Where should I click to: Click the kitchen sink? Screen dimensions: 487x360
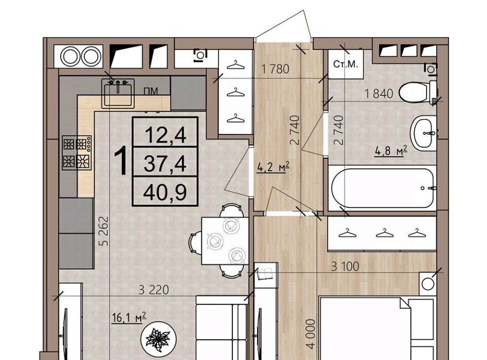[x=118, y=93]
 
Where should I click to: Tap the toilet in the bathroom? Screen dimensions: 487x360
[x=418, y=92]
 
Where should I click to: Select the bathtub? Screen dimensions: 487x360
[x=382, y=188]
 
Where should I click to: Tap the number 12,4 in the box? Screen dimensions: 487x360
[x=165, y=135]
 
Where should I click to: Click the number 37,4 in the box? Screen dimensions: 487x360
[x=165, y=164]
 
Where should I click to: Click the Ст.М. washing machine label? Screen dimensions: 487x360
[x=345, y=64]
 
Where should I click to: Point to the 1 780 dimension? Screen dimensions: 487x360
[x=275, y=68]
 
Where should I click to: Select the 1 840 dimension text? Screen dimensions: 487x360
[x=379, y=93]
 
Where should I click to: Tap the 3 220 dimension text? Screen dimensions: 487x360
[x=154, y=290]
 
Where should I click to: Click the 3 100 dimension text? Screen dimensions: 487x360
[x=345, y=266]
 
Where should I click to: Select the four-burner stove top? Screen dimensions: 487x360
[x=77, y=153]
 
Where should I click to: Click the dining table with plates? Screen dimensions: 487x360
[x=225, y=241]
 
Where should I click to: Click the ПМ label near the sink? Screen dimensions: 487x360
[x=151, y=91]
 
